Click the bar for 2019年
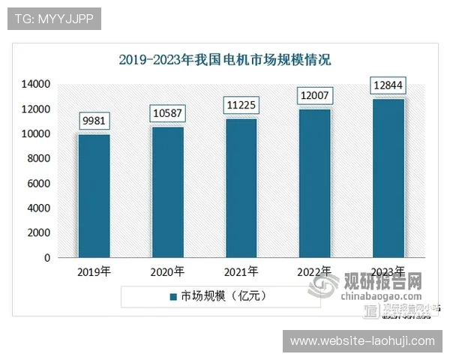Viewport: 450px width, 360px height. tap(94, 196)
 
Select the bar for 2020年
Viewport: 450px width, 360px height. tap(167, 192)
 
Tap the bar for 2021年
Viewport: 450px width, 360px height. tap(241, 188)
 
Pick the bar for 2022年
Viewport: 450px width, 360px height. tap(315, 184)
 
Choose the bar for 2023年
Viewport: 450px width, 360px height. tap(388, 178)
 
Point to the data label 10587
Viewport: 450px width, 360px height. tap(167, 115)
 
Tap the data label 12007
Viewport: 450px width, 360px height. tap(315, 97)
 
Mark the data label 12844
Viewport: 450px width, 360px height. tap(388, 87)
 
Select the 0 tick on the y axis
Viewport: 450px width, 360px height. tap(46, 258)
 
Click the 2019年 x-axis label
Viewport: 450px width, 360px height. tap(94, 271)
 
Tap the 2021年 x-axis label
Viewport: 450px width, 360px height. tap(241, 271)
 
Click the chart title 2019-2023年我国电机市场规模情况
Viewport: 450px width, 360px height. tap(225, 60)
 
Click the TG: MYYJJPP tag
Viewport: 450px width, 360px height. tap(54, 18)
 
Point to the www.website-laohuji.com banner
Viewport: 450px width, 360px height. tap(362, 341)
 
